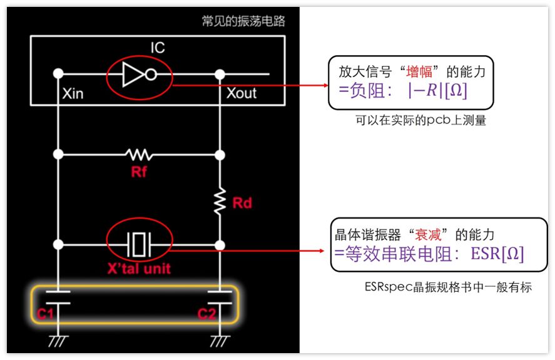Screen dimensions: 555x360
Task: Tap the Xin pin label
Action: [x=73, y=93]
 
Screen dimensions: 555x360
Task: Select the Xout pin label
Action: [x=242, y=93]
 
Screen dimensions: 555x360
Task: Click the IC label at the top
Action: [x=158, y=48]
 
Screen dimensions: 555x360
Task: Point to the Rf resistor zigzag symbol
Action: [x=139, y=155]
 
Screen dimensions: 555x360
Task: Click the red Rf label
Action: [x=139, y=172]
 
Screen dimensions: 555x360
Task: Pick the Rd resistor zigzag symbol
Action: [x=220, y=201]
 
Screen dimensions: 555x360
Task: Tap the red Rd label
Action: [x=242, y=203]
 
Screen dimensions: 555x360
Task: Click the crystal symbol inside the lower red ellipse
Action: [x=139, y=245]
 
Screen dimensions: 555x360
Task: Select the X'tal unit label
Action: [x=139, y=269]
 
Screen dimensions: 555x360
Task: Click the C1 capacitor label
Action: [x=45, y=314]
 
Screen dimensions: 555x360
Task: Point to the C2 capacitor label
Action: [x=206, y=314]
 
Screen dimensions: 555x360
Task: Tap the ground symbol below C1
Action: [x=58, y=341]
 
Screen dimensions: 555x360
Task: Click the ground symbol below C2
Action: [x=220, y=341]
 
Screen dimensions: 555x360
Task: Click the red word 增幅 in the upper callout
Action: [x=419, y=72]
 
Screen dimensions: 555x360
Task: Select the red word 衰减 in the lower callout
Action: [x=428, y=235]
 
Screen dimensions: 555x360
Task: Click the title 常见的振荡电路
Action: [x=243, y=21]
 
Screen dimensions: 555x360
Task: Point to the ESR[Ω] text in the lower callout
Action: [x=497, y=254]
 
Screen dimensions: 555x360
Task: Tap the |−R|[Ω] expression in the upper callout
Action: [x=437, y=91]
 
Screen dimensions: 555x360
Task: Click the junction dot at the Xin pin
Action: [x=58, y=74]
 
